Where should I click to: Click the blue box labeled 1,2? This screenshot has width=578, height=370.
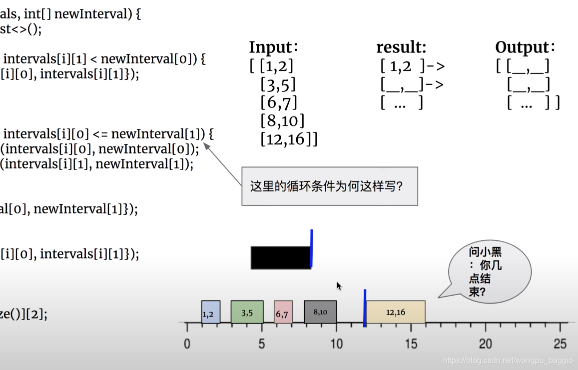[211, 312]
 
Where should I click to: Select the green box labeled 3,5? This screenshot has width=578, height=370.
[247, 312]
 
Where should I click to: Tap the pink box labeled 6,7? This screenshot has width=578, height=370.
[283, 312]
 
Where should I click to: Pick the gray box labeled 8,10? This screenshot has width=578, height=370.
[320, 311]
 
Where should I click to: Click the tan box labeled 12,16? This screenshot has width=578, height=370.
[396, 312]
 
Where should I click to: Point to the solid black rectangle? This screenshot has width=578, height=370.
[280, 257]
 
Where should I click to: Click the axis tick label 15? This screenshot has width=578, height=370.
[411, 344]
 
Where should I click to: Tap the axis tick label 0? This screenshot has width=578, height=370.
[187, 344]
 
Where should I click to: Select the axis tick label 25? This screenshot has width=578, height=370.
[560, 344]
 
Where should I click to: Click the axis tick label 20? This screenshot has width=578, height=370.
[485, 344]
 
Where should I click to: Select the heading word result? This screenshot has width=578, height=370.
[401, 47]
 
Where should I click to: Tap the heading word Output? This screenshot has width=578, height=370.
[523, 47]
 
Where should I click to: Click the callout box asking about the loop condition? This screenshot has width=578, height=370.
[330, 186]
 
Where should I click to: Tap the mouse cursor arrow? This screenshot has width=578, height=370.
[339, 285]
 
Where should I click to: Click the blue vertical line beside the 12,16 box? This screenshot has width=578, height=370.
[365, 308]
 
